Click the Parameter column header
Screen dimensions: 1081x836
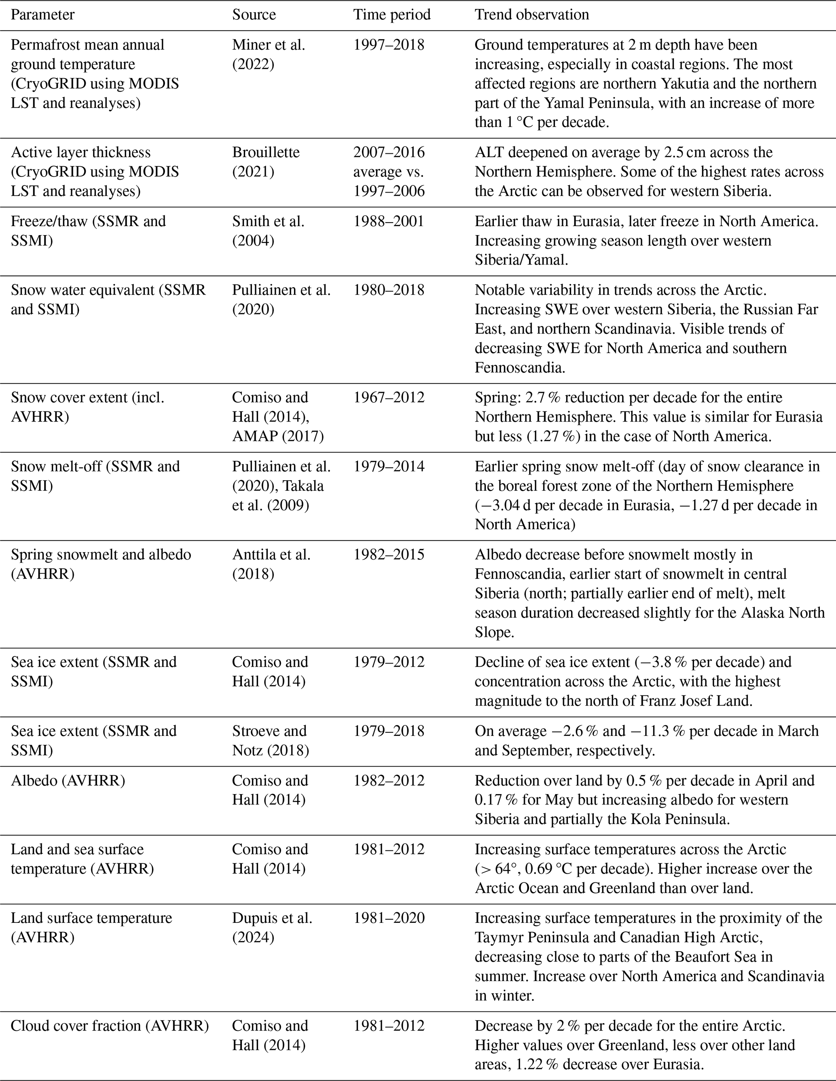point(42,15)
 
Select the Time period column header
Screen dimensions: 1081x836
point(392,15)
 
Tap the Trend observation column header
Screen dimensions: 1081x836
point(531,15)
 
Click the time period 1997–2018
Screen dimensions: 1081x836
point(389,45)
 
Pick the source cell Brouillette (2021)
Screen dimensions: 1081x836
point(266,162)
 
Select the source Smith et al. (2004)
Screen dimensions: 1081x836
point(268,231)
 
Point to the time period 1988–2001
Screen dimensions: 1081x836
point(389,221)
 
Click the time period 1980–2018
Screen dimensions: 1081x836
point(389,290)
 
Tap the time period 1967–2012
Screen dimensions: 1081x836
point(389,397)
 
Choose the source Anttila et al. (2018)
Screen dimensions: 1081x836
point(271,564)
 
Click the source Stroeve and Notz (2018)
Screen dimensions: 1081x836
point(270,740)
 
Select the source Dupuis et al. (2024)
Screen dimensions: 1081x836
point(272,927)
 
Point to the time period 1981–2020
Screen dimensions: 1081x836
point(389,918)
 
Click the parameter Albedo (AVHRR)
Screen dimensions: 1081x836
point(68,780)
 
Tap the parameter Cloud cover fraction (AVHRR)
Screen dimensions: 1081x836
point(109,1026)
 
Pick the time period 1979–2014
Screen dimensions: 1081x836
point(389,466)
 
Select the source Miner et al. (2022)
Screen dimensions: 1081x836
point(269,55)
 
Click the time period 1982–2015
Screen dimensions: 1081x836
point(389,554)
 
